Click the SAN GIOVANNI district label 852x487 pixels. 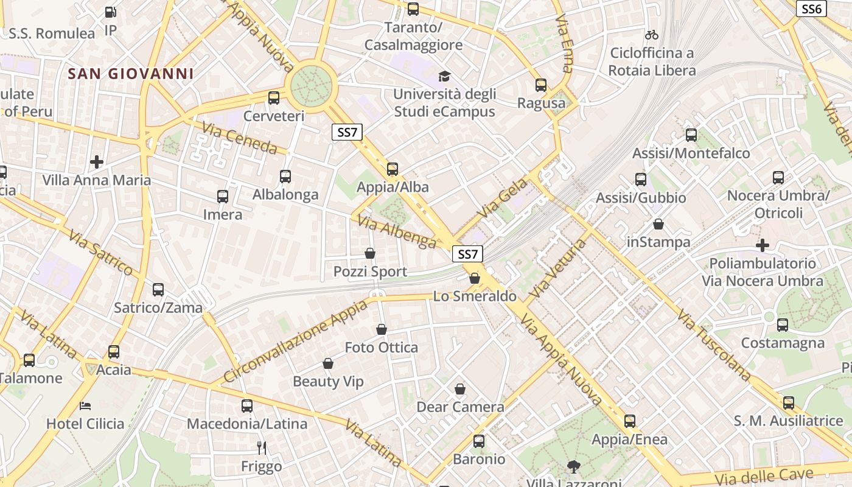pos(131,74)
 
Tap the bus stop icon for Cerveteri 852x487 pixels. pos(274,97)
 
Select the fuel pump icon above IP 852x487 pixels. pos(110,12)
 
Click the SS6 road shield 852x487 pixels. pos(812,9)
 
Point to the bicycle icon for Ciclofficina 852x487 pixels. pos(652,35)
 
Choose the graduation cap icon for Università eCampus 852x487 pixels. pos(445,76)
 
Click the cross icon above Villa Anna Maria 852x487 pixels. pos(97,162)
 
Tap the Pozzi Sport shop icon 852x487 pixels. pos(370,253)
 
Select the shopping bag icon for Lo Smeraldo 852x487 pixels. pos(475,278)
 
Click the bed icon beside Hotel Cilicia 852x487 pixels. pos(85,405)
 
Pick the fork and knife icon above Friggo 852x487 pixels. pos(262,448)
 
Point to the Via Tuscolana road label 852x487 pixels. pos(714,346)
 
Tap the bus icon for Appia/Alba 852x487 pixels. pos(393,169)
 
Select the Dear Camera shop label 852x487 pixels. pos(460,407)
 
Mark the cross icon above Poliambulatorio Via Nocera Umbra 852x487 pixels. pos(763,245)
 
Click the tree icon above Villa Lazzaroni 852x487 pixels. pos(573,467)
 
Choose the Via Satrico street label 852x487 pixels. pos(100,252)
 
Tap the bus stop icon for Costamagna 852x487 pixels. pos(783,325)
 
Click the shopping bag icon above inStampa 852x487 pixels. pos(658,224)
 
